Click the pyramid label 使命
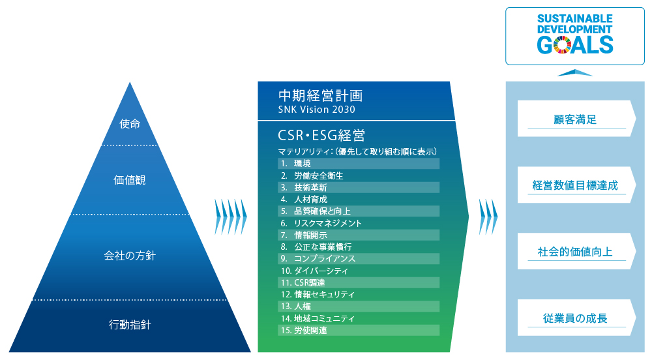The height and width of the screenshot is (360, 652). tap(130, 123)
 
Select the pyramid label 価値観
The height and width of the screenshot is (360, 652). tap(130, 180)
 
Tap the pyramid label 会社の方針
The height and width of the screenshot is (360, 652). tap(130, 255)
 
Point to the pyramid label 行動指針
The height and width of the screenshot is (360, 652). tap(130, 324)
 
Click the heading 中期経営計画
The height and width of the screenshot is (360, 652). tap(320, 96)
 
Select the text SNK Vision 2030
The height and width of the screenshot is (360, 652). tap(316, 110)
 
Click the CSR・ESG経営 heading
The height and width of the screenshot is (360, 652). tap(321, 135)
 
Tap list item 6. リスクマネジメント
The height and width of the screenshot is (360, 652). tap(321, 223)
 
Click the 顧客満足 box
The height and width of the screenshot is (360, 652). tap(576, 119)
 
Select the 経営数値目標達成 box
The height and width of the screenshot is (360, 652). tap(576, 185)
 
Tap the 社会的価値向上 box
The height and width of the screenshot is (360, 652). tap(576, 251)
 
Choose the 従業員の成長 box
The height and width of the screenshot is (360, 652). tap(576, 318)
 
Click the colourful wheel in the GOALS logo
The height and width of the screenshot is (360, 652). tap(562, 45)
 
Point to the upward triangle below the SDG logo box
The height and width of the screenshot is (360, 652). tap(574, 73)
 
